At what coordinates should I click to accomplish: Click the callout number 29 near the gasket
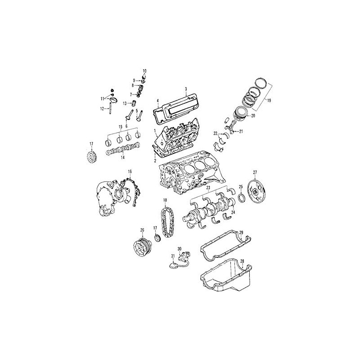[241, 232]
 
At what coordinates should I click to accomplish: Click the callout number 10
[144, 71]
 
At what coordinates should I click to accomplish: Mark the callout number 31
[172, 256]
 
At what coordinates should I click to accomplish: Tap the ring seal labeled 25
[242, 198]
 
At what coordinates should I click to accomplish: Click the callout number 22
[216, 133]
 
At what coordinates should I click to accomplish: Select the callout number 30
[179, 249]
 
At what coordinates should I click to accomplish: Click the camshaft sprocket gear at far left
[91, 158]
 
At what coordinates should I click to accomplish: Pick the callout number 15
[120, 127]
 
